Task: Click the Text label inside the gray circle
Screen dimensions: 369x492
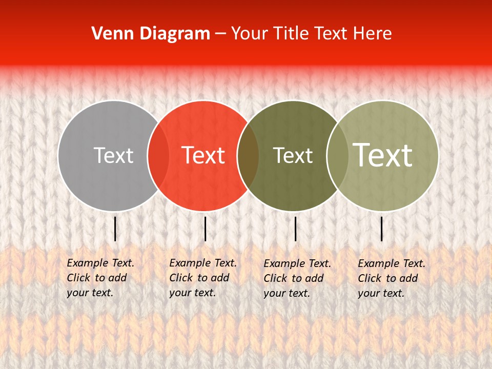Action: [113, 155]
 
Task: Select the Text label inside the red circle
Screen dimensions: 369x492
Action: [203, 155]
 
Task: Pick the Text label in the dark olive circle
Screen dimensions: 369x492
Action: [293, 155]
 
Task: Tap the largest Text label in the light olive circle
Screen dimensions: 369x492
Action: [383, 155]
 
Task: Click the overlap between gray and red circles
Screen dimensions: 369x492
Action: [158, 156]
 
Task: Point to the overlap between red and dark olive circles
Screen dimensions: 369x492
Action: [248, 156]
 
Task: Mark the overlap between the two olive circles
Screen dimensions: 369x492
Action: [338, 156]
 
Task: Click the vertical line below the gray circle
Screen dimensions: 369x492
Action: [115, 229]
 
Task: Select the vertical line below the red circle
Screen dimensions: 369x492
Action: [205, 229]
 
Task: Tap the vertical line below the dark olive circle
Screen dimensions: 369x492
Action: [295, 229]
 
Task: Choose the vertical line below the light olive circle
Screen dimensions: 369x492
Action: [382, 229]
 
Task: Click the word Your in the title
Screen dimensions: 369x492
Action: [249, 34]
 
